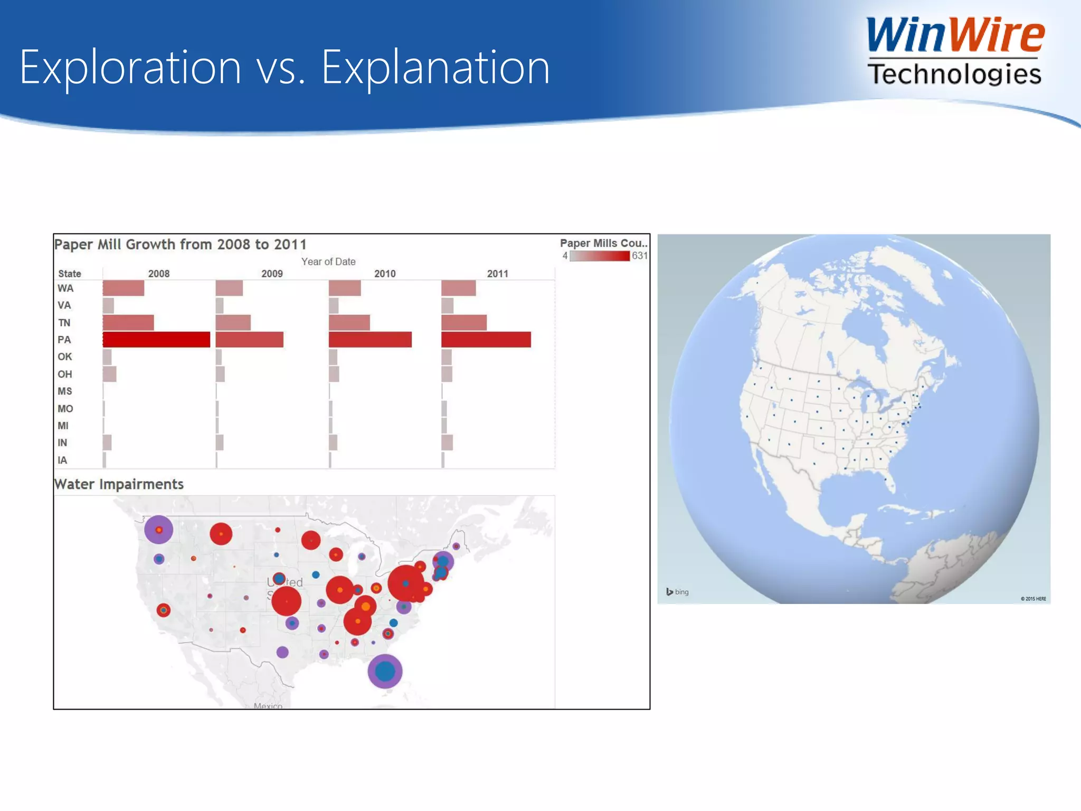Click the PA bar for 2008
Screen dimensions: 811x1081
(156, 340)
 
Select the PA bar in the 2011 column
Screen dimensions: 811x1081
(486, 340)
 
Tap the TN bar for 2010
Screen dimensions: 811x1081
(349, 323)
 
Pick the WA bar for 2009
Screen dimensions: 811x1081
(229, 288)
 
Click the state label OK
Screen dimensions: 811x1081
(65, 357)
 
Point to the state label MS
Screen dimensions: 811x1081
(65, 391)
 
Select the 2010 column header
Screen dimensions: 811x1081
(385, 274)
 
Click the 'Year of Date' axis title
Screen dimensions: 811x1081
(328, 261)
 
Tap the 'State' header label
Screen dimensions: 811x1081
(70, 274)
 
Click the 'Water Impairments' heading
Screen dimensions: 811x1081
(119, 484)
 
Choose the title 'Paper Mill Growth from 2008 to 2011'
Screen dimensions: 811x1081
(181, 244)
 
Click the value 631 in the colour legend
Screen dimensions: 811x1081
(639, 256)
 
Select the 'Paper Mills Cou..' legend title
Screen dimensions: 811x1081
(603, 243)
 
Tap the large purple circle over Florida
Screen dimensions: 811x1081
(385, 671)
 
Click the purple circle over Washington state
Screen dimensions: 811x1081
(158, 530)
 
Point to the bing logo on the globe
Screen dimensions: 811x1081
(677, 592)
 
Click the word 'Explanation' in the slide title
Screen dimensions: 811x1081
(435, 67)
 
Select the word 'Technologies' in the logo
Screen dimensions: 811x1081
(954, 74)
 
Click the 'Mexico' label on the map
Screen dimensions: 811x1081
(268, 705)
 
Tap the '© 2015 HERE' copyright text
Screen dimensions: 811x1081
(1033, 599)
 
